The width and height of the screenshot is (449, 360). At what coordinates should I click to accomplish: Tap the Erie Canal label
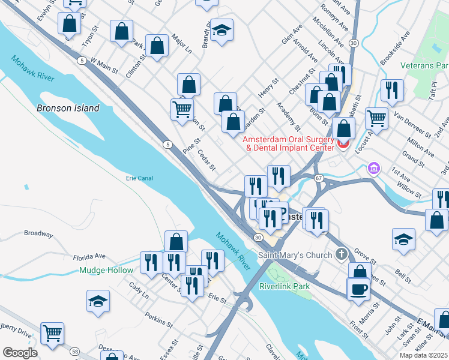(x=139, y=178)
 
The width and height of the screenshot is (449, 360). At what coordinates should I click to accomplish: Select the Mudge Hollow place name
(x=106, y=271)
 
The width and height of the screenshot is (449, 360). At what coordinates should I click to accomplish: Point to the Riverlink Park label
(x=285, y=286)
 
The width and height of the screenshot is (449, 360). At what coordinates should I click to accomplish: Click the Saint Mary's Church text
(x=295, y=255)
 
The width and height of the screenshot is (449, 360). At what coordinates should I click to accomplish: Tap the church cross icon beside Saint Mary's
(x=342, y=254)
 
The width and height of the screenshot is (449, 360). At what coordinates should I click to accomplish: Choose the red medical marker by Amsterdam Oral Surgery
(x=343, y=144)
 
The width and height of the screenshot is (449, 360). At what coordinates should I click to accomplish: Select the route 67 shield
(x=319, y=178)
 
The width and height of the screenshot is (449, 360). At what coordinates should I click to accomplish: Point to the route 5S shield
(x=74, y=351)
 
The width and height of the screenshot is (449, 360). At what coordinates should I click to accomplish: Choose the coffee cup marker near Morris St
(x=358, y=289)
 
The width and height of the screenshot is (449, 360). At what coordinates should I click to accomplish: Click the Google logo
(x=20, y=353)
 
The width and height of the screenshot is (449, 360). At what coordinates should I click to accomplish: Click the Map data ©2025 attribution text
(x=423, y=355)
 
